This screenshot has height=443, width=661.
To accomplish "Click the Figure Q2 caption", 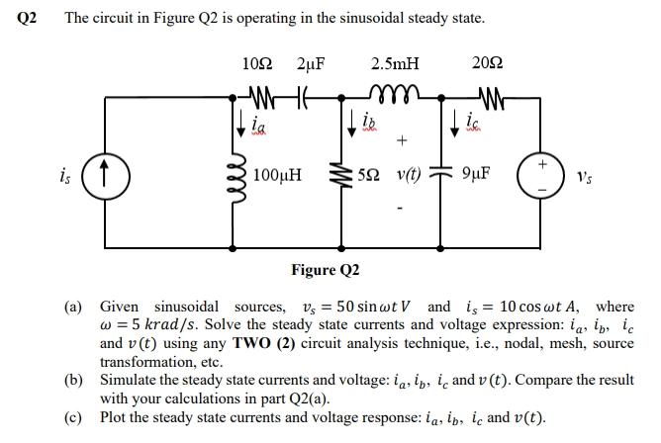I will [x=326, y=270].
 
